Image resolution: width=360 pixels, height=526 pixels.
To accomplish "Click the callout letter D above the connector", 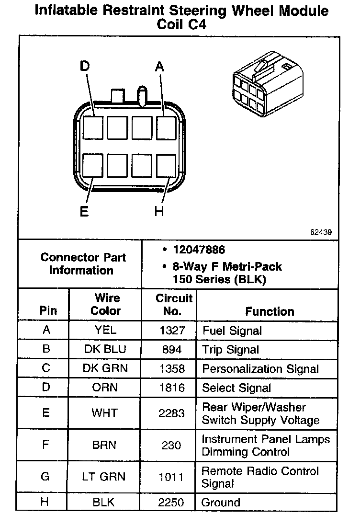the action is tap(85, 67).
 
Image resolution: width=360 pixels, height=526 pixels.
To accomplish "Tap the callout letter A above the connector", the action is tap(160, 68).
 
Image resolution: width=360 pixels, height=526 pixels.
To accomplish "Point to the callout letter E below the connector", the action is tap(84, 211).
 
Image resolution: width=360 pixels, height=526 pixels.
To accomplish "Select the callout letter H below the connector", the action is tap(159, 211).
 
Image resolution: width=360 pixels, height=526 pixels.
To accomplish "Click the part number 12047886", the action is tap(199, 250).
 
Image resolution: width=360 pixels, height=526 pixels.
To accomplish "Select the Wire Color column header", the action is tap(106, 304).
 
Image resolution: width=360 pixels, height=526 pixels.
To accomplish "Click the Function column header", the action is tap(270, 311).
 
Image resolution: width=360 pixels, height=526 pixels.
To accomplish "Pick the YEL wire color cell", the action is tap(105, 330).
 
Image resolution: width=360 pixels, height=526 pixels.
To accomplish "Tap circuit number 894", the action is tap(172, 350).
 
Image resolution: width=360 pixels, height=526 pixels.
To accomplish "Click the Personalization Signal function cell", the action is tap(260, 369).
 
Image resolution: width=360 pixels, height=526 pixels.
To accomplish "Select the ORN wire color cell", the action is tap(105, 388).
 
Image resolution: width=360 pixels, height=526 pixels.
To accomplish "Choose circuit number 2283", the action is tap(171, 413).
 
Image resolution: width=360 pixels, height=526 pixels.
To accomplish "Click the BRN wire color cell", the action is tap(105, 445).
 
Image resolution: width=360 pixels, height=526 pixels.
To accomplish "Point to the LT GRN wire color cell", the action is tap(105, 477).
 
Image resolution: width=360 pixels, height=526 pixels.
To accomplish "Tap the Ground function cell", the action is tap(221, 503).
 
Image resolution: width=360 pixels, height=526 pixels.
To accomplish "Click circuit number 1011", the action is tap(171, 477).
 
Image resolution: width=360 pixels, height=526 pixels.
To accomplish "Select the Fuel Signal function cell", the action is tap(232, 331).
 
